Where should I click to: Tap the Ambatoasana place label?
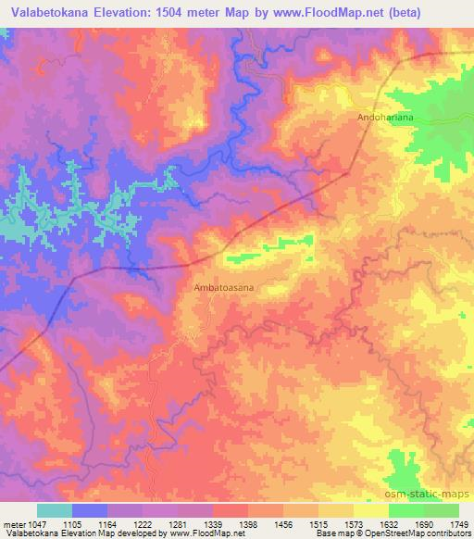coord(224,288)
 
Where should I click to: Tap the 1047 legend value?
coord(33,523)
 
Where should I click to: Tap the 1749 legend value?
coord(458,523)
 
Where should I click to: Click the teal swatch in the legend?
coord(55,510)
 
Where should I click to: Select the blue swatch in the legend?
coord(90,510)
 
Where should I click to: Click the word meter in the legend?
coord(12,523)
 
